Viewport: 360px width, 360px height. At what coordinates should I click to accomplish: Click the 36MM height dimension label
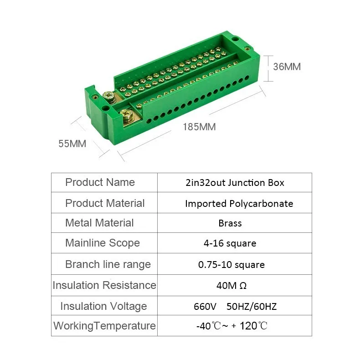(x=287, y=67)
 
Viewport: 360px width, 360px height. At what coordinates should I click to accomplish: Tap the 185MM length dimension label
(x=199, y=127)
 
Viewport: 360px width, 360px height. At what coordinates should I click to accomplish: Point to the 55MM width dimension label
(x=72, y=144)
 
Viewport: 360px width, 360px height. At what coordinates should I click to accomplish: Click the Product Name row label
(x=100, y=182)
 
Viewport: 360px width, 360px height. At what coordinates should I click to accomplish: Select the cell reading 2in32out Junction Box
(x=235, y=183)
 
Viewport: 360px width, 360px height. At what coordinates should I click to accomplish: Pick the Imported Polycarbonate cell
(x=239, y=204)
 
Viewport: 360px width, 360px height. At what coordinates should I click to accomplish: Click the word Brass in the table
(x=230, y=223)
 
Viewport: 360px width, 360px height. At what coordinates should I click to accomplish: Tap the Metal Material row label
(x=99, y=223)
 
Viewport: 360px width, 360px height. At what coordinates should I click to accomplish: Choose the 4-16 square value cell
(x=230, y=243)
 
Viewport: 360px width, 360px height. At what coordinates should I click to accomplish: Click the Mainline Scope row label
(x=103, y=243)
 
